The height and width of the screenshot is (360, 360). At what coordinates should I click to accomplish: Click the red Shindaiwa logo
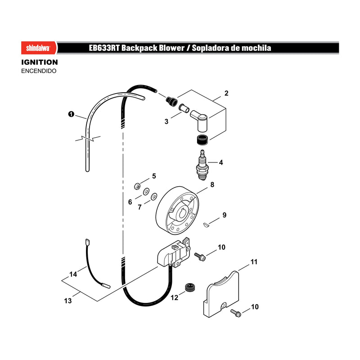(39, 48)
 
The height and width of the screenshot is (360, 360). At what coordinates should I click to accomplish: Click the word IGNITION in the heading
(40, 62)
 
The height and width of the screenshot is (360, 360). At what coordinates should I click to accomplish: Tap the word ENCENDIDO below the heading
(39, 71)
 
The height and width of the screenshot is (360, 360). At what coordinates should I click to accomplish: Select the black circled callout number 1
(72, 114)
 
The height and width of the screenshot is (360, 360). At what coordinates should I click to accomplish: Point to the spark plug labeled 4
(202, 165)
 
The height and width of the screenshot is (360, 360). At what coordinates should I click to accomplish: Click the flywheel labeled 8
(177, 210)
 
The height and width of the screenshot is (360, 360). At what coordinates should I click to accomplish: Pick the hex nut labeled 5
(137, 186)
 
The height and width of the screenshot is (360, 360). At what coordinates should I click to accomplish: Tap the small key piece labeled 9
(207, 225)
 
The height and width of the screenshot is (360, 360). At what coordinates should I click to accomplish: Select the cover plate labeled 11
(221, 294)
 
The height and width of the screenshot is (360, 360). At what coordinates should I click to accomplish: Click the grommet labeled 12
(190, 288)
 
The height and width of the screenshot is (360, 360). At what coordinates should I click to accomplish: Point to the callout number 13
(68, 301)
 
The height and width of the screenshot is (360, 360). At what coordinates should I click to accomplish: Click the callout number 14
(73, 274)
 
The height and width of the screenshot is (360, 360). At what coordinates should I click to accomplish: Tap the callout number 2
(226, 93)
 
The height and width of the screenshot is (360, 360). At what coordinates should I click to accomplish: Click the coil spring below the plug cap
(202, 140)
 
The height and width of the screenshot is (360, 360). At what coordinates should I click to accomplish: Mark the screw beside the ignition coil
(200, 257)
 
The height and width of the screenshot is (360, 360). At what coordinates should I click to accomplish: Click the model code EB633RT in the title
(104, 48)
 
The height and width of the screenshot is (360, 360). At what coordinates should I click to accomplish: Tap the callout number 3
(166, 121)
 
